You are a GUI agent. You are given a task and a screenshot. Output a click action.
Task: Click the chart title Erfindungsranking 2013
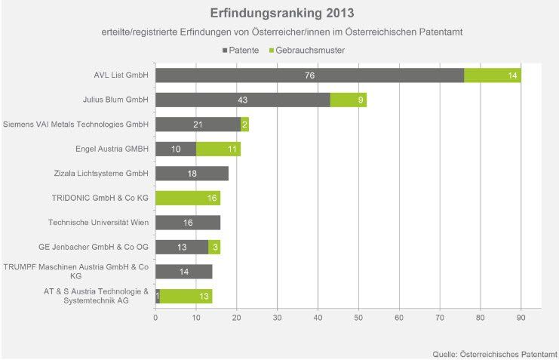pyautogui.click(x=281, y=14)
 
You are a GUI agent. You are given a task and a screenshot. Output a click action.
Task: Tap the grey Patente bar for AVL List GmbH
pyautogui.click(x=309, y=75)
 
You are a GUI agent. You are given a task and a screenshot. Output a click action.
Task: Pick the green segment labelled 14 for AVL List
pyautogui.click(x=493, y=75)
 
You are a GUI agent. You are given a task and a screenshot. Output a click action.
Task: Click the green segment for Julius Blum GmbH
pyautogui.click(x=349, y=100)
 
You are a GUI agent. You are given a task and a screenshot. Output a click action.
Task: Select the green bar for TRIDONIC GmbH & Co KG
pyautogui.click(x=188, y=198)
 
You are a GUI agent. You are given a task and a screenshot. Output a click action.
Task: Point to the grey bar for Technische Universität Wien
pyautogui.click(x=188, y=222)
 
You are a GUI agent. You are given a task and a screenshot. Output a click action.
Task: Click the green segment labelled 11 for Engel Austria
pyautogui.click(x=218, y=149)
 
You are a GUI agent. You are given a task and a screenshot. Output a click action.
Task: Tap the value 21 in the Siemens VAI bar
pyautogui.click(x=198, y=125)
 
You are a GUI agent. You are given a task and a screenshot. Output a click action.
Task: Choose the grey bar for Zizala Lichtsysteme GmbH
pyautogui.click(x=192, y=174)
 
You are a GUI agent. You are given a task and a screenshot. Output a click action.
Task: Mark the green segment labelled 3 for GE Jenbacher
pyautogui.click(x=214, y=247)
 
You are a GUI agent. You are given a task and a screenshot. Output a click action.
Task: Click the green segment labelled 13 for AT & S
pyautogui.click(x=186, y=296)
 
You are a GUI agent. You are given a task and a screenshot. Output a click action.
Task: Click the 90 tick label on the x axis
pyautogui.click(x=521, y=318)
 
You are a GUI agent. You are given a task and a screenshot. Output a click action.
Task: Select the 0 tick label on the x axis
pyautogui.click(x=155, y=318)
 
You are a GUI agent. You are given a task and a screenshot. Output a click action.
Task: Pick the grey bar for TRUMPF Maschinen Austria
pyautogui.click(x=183, y=272)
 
